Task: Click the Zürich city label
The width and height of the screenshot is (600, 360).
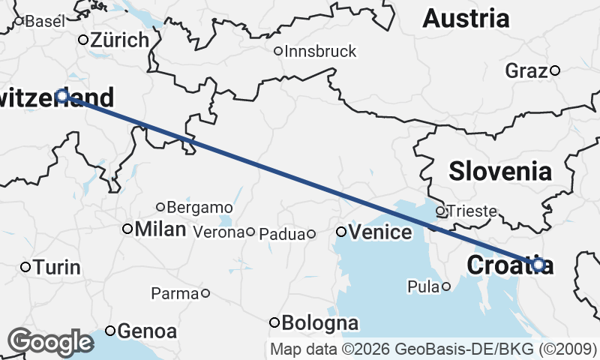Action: pyautogui.click(x=120, y=40)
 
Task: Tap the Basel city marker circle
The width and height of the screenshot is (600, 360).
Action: pyautogui.click(x=19, y=22)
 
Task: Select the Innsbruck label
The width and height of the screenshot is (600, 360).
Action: pyautogui.click(x=320, y=52)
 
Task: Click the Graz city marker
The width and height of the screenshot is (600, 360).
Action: pyautogui.click(x=555, y=70)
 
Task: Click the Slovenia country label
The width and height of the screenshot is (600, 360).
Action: pyautogui.click(x=500, y=171)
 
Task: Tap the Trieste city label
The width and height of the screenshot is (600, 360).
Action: pyautogui.click(x=472, y=211)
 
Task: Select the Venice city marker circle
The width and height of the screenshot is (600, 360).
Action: pyautogui.click(x=341, y=232)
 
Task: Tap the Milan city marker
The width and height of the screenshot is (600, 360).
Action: pyautogui.click(x=127, y=229)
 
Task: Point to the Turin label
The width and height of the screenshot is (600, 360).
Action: pyautogui.click(x=57, y=267)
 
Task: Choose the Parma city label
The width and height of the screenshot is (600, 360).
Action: pyautogui.click(x=174, y=293)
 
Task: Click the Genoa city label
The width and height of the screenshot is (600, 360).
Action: pyautogui.click(x=148, y=331)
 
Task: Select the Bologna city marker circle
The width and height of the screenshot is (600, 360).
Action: pyautogui.click(x=274, y=322)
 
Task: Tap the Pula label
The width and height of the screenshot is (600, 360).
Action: pyautogui.click(x=422, y=286)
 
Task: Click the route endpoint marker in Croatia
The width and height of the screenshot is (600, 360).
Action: pyautogui.click(x=538, y=264)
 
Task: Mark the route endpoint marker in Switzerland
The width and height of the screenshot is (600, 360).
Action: pyautogui.click(x=62, y=95)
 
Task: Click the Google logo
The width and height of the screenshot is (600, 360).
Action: pyautogui.click(x=50, y=341)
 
